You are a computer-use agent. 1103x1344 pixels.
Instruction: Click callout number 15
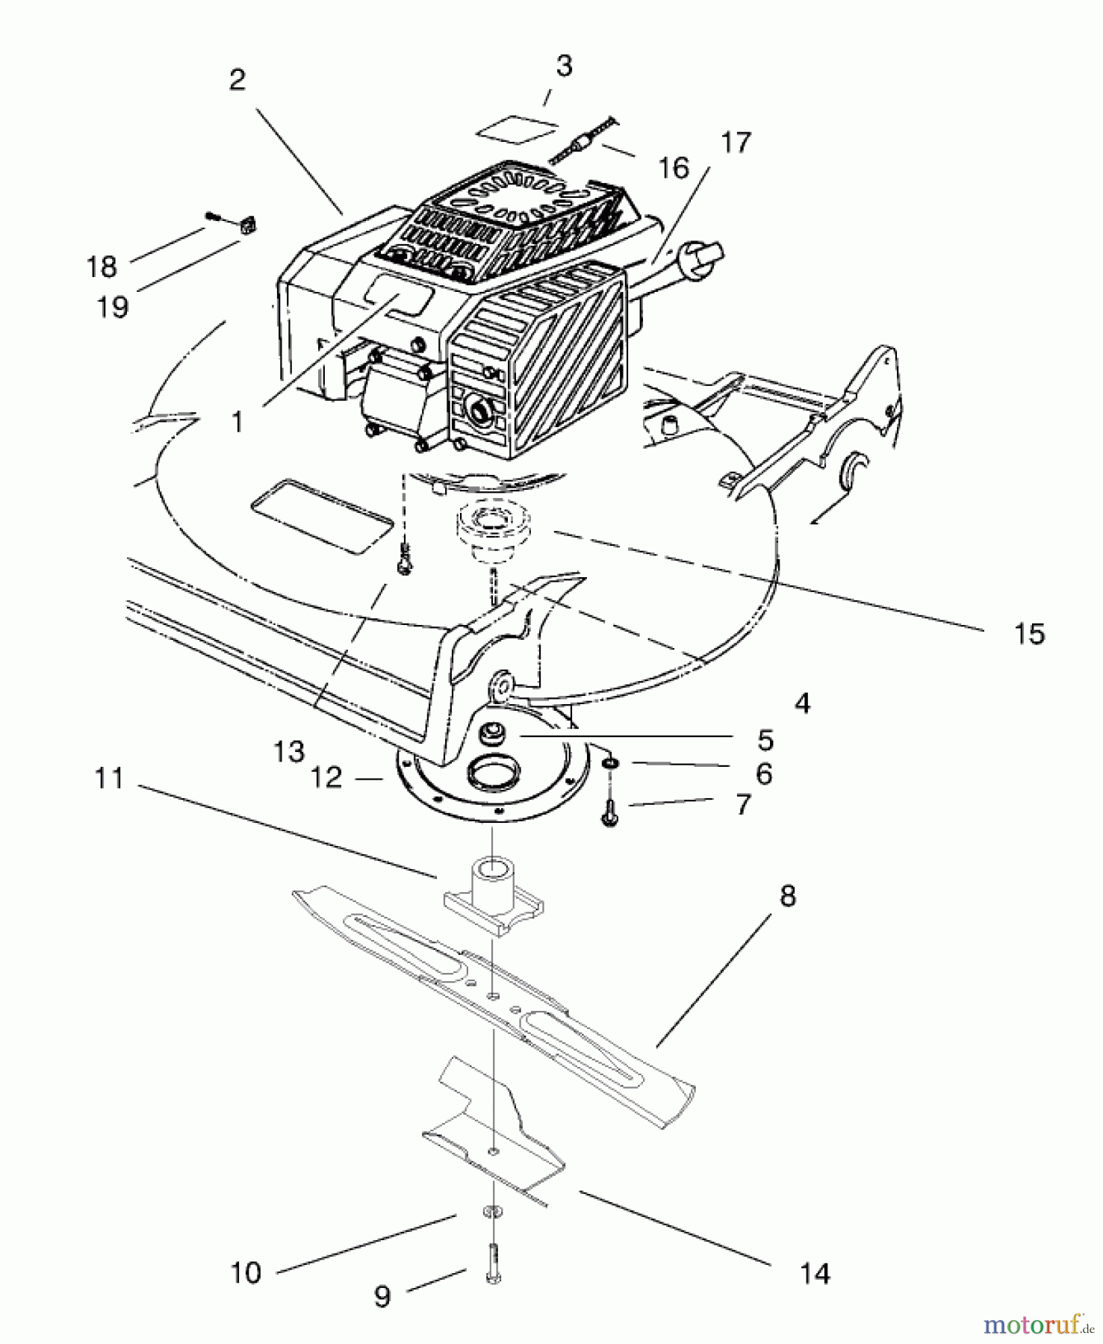point(1029,634)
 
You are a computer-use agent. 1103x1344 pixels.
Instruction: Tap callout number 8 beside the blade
point(787,895)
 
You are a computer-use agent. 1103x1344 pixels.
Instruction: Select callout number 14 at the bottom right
point(814,1273)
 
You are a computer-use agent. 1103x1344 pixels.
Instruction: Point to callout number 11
point(109,779)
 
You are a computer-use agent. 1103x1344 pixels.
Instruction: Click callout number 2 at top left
point(237,80)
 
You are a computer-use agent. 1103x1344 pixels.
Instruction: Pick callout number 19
point(113,307)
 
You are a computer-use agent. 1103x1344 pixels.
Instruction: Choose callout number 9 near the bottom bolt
point(382,1297)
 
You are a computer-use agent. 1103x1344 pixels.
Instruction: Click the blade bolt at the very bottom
point(493,1264)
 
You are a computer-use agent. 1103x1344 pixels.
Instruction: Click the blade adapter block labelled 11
point(493,896)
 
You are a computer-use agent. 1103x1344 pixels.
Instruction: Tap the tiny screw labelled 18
point(213,217)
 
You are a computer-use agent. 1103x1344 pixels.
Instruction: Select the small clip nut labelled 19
point(247,224)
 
